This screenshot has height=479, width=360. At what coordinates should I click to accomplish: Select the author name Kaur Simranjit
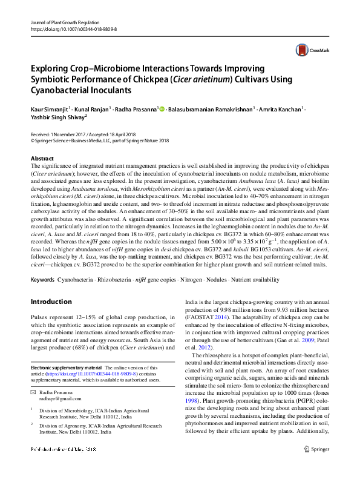[x=49, y=110]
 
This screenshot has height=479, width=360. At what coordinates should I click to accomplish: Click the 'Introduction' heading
[x=51, y=302]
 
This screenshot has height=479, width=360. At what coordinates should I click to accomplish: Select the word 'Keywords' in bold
[x=42, y=280]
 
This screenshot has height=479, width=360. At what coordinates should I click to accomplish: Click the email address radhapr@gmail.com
[x=60, y=398]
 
